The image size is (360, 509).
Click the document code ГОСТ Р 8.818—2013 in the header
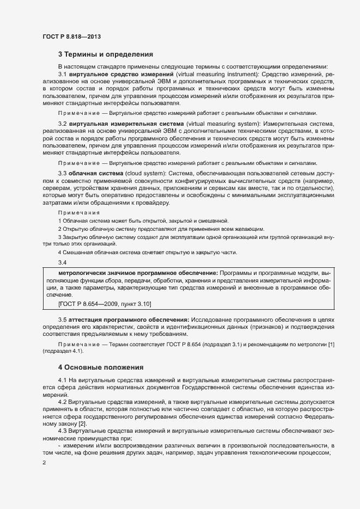pos(71,36)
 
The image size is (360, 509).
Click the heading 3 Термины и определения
pos(105,54)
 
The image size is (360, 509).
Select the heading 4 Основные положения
pos(101,367)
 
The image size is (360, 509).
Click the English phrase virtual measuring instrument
pos(207,73)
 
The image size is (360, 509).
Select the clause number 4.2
pos(63,401)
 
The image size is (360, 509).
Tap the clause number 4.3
pos(63,431)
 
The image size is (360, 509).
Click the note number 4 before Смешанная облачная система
pos(60,252)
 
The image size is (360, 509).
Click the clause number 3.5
pos(63,318)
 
